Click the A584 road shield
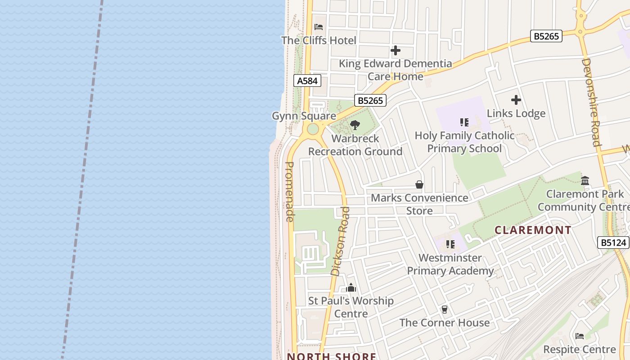[308, 81]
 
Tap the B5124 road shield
[613, 243]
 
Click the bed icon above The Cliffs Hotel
[319, 27]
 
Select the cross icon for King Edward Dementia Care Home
[395, 50]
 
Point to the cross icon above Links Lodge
[516, 100]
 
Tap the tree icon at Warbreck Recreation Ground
[355, 125]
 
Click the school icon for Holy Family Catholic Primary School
[464, 122]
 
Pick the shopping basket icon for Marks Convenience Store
[419, 184]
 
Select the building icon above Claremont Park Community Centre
[585, 180]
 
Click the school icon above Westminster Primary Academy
[450, 244]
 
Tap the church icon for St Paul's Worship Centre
[351, 288]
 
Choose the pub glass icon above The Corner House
[444, 309]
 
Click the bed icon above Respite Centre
[580, 336]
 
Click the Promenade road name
[290, 192]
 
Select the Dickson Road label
[340, 241]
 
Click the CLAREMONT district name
[533, 230]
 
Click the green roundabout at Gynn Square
[313, 130]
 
